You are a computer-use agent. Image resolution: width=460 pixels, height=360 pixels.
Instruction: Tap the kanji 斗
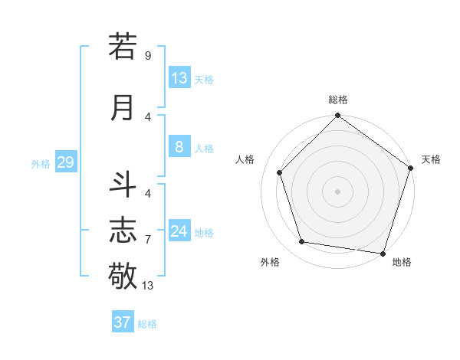(x=123, y=186)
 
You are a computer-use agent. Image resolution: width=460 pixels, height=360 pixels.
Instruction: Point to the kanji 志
(x=123, y=230)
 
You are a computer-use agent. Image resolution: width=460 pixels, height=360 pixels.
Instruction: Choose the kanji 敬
(x=123, y=274)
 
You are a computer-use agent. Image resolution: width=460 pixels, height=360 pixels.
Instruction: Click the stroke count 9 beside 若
(x=148, y=56)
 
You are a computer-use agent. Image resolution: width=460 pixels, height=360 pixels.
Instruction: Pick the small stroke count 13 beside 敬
(x=148, y=286)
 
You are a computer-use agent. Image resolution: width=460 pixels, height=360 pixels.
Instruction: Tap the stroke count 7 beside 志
(x=148, y=240)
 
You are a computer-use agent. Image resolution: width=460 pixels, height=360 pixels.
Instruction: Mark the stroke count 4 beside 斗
(x=148, y=193)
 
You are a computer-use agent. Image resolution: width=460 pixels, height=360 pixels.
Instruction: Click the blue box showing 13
(x=179, y=77)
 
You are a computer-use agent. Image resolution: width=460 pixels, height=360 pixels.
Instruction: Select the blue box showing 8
(x=179, y=147)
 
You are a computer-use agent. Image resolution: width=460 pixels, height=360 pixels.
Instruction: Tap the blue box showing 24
(x=179, y=231)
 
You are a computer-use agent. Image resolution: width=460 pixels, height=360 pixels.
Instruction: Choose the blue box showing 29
(x=65, y=162)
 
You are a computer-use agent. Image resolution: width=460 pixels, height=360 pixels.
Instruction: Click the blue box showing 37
(x=123, y=322)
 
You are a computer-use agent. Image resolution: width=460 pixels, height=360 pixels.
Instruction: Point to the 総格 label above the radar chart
(x=338, y=100)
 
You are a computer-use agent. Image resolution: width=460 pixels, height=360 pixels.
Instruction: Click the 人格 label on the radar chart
(x=245, y=159)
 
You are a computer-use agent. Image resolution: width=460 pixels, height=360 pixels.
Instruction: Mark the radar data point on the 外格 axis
(x=302, y=242)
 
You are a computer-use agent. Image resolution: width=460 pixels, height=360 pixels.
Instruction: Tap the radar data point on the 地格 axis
(x=383, y=253)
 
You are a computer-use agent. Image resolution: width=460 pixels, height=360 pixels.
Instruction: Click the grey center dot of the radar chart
(x=337, y=191)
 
